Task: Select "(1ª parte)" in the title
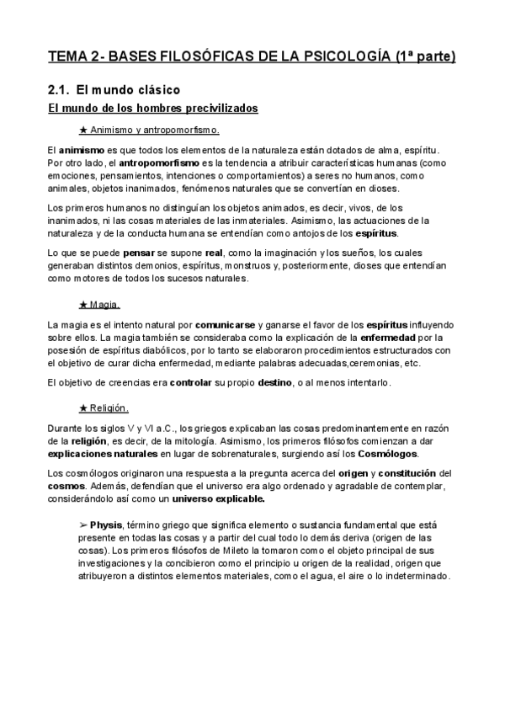[x=425, y=56]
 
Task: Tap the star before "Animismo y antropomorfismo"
[x=82, y=131]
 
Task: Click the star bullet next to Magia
[x=82, y=304]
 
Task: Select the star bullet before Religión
[x=82, y=409]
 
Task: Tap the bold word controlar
[x=191, y=383]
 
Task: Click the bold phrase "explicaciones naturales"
[x=97, y=454]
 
